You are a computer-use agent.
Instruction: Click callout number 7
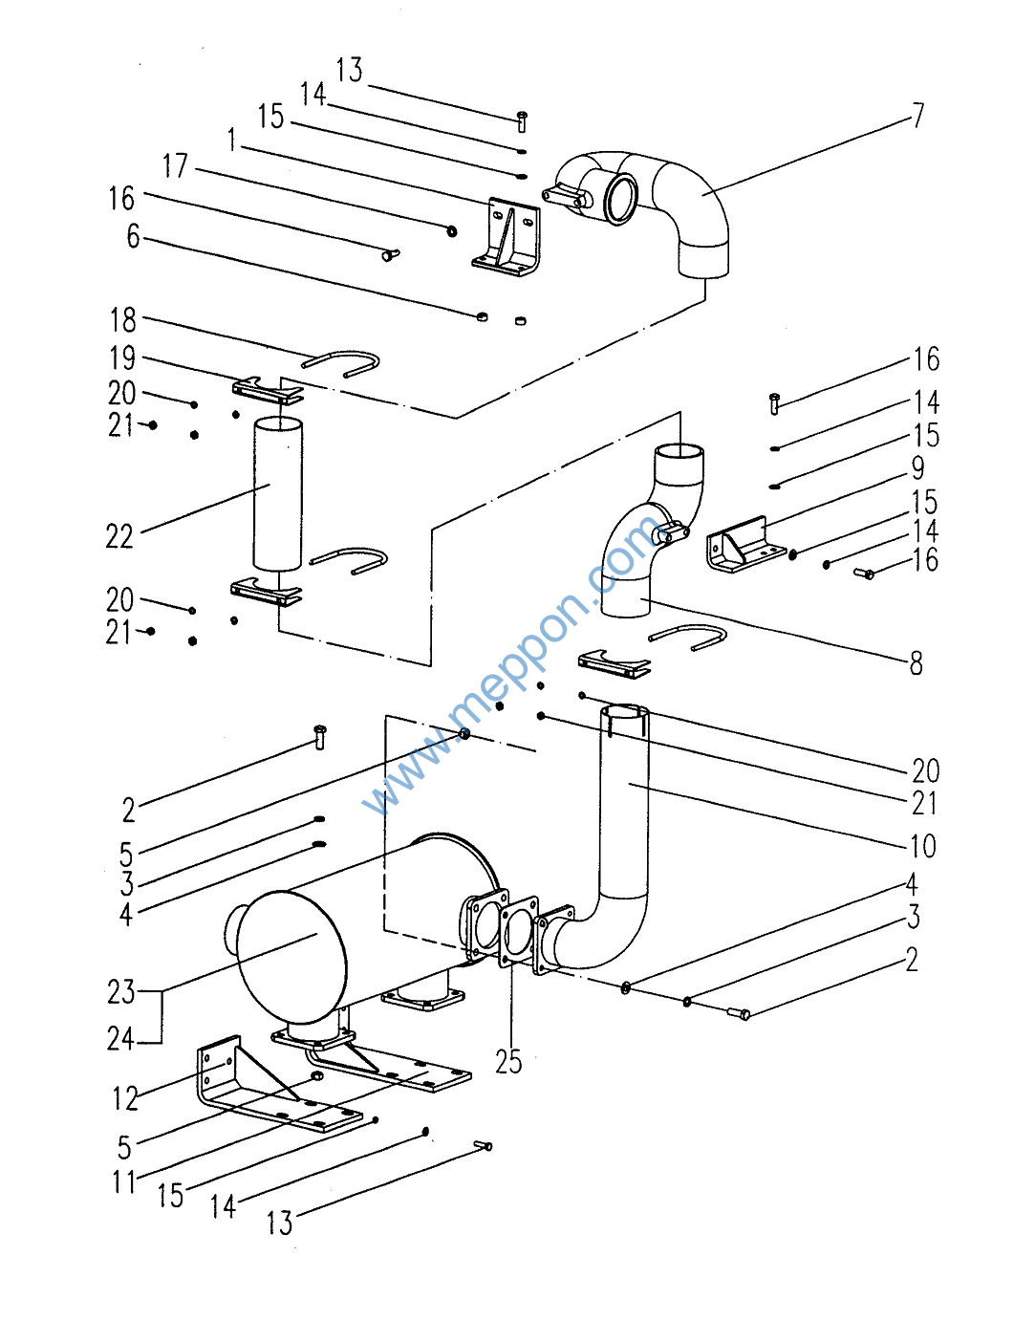click(918, 116)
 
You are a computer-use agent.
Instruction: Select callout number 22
click(119, 536)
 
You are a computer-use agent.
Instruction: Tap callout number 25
click(507, 1062)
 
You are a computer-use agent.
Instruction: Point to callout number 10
click(923, 846)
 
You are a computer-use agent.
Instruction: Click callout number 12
click(125, 1098)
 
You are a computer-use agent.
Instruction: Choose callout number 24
click(120, 1040)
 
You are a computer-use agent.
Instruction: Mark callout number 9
click(918, 468)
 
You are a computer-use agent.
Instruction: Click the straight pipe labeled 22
click(278, 494)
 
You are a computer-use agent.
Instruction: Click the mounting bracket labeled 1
click(507, 238)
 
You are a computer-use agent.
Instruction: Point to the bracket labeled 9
click(745, 545)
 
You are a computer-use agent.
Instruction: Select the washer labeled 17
click(452, 231)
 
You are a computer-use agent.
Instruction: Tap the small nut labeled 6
click(482, 317)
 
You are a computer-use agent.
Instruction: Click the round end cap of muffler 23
click(291, 957)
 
